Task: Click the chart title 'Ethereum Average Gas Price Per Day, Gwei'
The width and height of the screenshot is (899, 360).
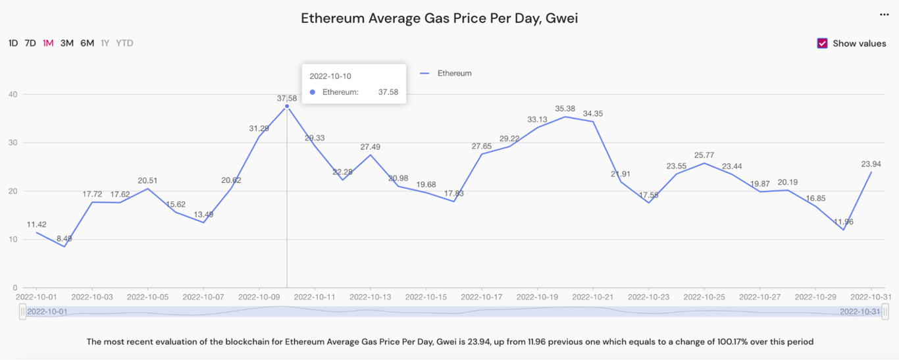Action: click(439, 18)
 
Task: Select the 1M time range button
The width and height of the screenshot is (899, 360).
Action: click(48, 43)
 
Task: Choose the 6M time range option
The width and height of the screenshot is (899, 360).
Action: click(87, 43)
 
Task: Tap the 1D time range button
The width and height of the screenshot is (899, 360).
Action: click(13, 43)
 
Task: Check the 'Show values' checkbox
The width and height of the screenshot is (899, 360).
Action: click(822, 43)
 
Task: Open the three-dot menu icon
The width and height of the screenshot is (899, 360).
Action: click(884, 14)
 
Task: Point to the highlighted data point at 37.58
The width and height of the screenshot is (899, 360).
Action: click(287, 106)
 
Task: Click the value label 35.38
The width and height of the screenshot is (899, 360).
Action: click(565, 109)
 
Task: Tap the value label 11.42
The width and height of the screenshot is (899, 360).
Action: click(37, 224)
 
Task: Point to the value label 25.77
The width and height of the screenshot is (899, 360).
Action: click(704, 155)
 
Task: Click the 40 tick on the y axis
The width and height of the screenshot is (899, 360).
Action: click(13, 95)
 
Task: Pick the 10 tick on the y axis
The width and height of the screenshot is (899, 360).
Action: click(13, 240)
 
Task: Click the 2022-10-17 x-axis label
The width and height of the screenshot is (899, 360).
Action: click(482, 297)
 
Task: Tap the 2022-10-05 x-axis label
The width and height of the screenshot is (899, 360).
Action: click(148, 297)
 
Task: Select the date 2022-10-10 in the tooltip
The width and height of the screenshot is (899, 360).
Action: click(330, 76)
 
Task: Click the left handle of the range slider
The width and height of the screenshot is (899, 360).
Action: click(23, 311)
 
